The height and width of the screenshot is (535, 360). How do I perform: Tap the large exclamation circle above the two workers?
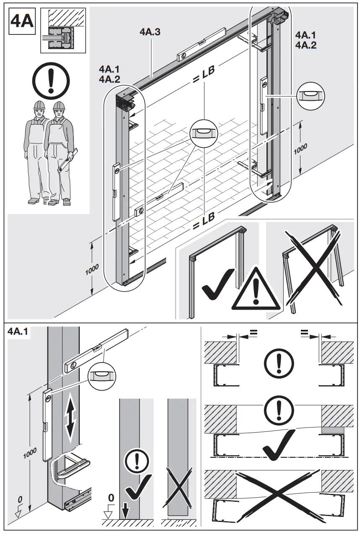click(50, 81)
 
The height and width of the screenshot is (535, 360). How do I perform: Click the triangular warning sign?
click(256, 290)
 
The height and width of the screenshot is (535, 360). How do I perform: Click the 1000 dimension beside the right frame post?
click(300, 149)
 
